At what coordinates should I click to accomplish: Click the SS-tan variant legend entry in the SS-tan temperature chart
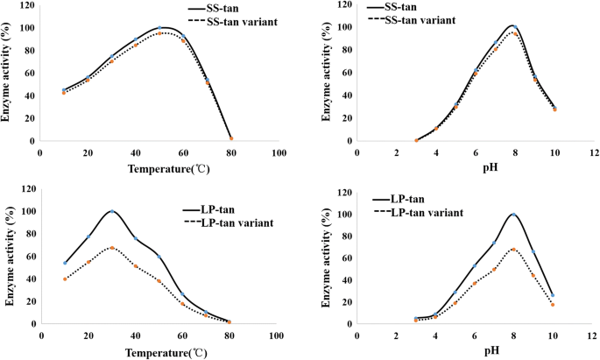coord(236,20)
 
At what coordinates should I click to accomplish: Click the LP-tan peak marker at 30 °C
coord(112,211)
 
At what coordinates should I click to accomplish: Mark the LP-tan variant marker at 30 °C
coord(112,248)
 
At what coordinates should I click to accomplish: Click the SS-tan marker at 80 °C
coord(231,138)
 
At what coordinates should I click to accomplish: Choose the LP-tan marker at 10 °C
coord(65,263)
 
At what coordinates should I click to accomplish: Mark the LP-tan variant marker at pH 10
coord(554,305)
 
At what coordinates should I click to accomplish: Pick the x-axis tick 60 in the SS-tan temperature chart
coord(183,152)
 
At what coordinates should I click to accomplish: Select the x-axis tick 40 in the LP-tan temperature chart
coord(135,335)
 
